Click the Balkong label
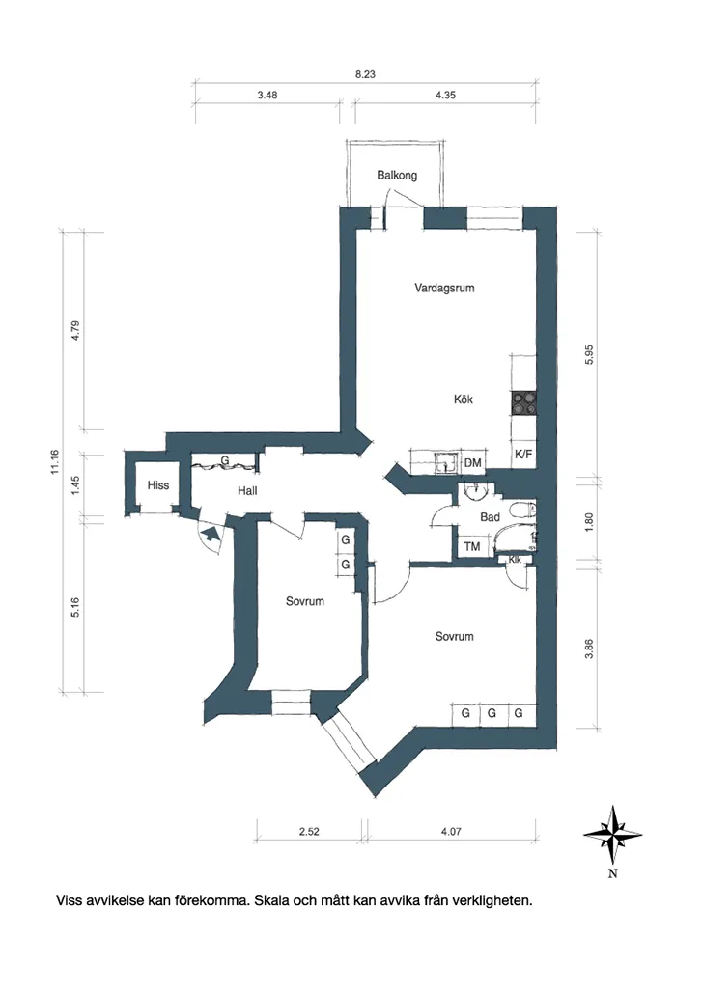397,175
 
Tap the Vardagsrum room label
444,288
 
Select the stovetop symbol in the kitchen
524,402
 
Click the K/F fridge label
523,454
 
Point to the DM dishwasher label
472,463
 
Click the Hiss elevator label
158,485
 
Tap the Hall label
247,490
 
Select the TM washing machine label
472,546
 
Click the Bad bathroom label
490,517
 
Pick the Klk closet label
515,560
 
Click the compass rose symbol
612,836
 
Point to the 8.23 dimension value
365,74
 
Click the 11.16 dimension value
55,461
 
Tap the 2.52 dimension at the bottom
309,831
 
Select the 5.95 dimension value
589,354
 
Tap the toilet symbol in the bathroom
523,510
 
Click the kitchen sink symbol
447,463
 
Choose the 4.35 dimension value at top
445,96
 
